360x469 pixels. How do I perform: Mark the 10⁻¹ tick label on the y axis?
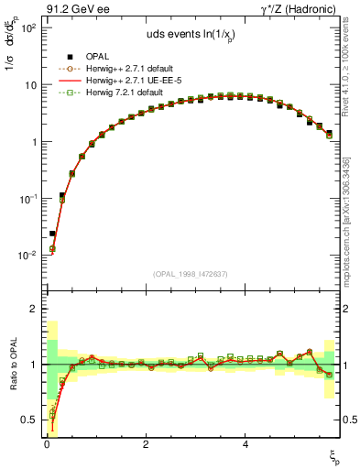26,199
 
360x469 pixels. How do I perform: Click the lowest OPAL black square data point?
52,234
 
